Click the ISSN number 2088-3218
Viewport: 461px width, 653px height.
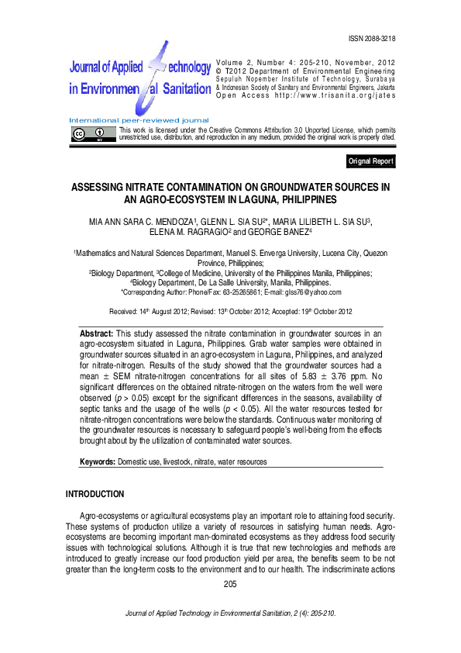(374, 38)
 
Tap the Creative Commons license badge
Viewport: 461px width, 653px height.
(90, 134)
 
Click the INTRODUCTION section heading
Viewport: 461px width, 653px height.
(95, 494)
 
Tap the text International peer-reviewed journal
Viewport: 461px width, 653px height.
(139, 120)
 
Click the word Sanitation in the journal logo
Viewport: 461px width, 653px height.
(186, 88)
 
